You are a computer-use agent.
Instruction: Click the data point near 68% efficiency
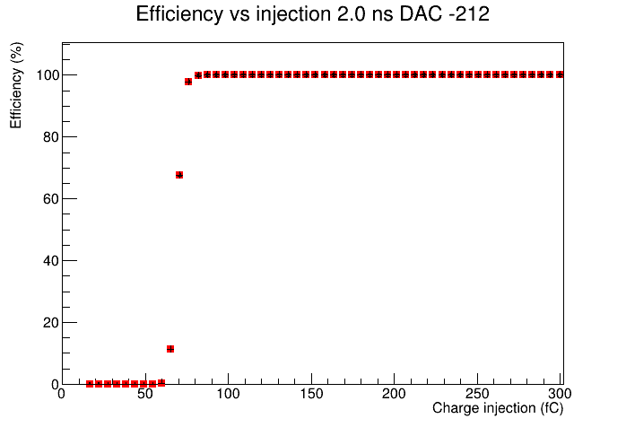click(179, 175)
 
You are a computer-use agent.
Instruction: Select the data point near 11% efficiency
click(170, 349)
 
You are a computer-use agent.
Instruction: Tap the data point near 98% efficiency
click(188, 82)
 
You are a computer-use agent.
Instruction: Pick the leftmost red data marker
click(90, 384)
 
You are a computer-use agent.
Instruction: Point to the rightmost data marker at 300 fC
click(560, 74)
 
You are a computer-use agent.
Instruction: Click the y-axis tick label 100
click(48, 74)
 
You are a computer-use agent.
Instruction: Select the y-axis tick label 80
click(51, 137)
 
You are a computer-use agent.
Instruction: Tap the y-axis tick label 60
click(51, 199)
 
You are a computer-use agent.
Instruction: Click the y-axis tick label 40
click(51, 261)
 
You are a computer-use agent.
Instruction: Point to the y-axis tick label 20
click(51, 323)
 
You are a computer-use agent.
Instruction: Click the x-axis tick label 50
click(145, 394)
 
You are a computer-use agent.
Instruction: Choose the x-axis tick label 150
click(311, 394)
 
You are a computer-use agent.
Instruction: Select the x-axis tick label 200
click(395, 394)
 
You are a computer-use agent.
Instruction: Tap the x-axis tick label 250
click(477, 394)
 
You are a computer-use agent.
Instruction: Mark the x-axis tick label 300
click(560, 394)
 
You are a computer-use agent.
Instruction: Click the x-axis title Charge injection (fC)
click(498, 408)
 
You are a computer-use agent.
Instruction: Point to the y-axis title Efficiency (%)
click(16, 85)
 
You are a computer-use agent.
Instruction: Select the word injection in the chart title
click(293, 14)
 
